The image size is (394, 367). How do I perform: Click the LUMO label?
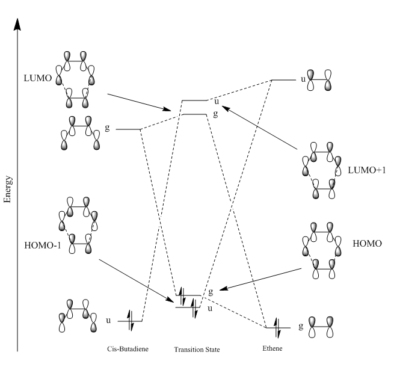pyautogui.click(x=38, y=78)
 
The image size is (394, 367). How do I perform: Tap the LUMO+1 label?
pyautogui.click(x=366, y=170)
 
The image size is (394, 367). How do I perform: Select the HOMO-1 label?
pyautogui.click(x=43, y=245)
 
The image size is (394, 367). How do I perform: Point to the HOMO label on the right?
pyautogui.click(x=367, y=243)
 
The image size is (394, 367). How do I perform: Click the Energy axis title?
pyautogui.click(x=8, y=189)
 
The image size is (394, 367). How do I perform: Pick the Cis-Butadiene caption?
pyautogui.click(x=128, y=349)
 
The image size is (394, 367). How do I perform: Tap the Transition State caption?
pyautogui.click(x=197, y=350)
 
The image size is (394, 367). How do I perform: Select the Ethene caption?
pyautogui.click(x=272, y=348)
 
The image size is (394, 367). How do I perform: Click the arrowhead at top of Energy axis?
pyautogui.click(x=17, y=24)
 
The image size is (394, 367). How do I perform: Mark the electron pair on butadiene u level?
pyautogui.click(x=131, y=321)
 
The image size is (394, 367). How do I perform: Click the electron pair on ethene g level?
pyautogui.click(x=277, y=328)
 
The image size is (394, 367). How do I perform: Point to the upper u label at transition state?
pyautogui.click(x=217, y=102)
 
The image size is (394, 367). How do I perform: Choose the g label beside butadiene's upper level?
pyautogui.click(x=107, y=128)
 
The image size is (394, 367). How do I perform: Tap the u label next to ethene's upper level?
pyautogui.click(x=303, y=79)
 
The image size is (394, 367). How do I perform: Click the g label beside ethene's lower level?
pyautogui.click(x=301, y=326)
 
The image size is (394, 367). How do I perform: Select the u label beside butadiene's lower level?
pyautogui.click(x=108, y=321)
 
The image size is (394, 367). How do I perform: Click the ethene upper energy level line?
pyautogui.click(x=284, y=80)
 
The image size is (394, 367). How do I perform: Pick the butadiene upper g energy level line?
pyautogui.click(x=128, y=129)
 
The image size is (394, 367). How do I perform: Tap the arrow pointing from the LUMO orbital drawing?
pyautogui.click(x=139, y=102)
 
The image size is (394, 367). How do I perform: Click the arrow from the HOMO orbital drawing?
pyautogui.click(x=260, y=279)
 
